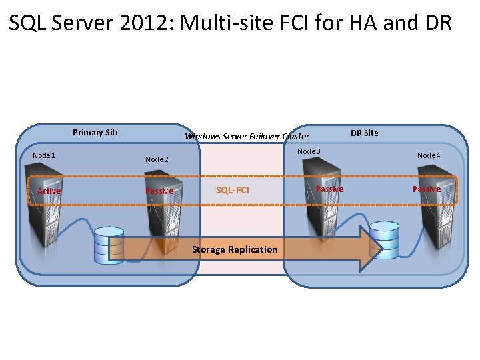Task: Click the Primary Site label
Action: click(x=96, y=132)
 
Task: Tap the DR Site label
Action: click(x=364, y=133)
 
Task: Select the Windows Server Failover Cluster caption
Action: click(x=247, y=137)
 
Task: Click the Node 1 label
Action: click(x=44, y=155)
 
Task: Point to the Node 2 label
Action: click(x=157, y=159)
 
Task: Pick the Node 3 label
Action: click(x=309, y=151)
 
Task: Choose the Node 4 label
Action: click(x=429, y=155)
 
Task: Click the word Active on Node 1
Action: click(x=49, y=191)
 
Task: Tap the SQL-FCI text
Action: click(x=233, y=191)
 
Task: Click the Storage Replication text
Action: click(x=235, y=249)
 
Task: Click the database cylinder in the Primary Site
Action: click(x=109, y=245)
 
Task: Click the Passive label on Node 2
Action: click(x=159, y=191)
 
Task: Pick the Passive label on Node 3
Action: click(x=329, y=189)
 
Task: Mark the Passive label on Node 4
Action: click(x=426, y=189)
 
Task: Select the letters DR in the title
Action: click(x=436, y=24)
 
